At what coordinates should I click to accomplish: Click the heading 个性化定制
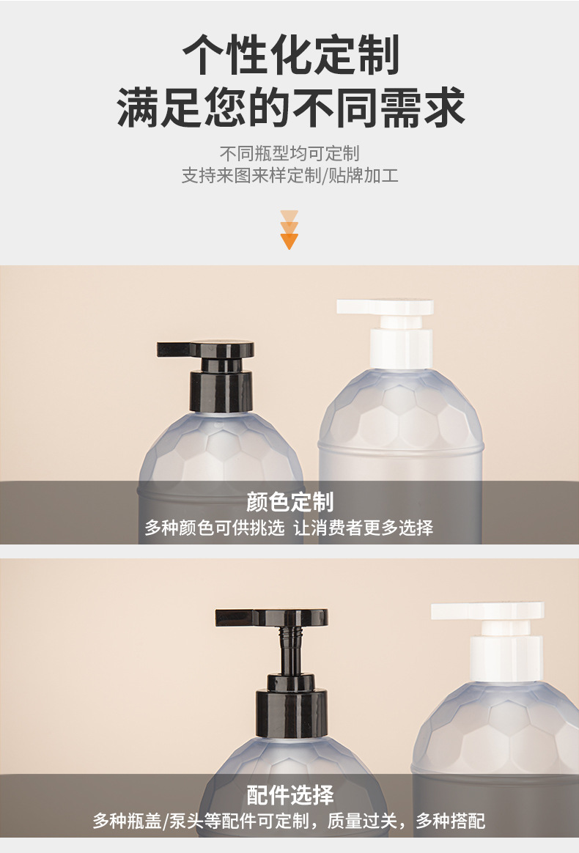point(290,54)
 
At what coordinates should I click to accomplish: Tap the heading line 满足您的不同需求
point(290,107)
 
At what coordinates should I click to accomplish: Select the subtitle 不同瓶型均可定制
point(289,153)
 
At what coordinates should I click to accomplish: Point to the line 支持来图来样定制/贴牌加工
point(289,175)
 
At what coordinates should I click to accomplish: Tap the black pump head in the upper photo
point(205,350)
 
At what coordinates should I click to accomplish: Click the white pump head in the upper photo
point(386,307)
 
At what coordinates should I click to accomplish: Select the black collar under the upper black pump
point(221,390)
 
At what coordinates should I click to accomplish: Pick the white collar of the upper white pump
point(401,349)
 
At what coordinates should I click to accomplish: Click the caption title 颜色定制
point(289,501)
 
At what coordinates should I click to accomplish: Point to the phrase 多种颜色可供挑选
point(215,527)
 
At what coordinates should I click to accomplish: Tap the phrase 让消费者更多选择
point(364,527)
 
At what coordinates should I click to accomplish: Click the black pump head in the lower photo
point(271,618)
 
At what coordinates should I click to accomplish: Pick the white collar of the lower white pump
point(506,657)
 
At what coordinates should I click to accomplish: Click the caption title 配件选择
point(289,795)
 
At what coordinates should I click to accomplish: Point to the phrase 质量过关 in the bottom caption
point(362,820)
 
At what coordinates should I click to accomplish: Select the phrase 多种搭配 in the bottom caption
point(451,820)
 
